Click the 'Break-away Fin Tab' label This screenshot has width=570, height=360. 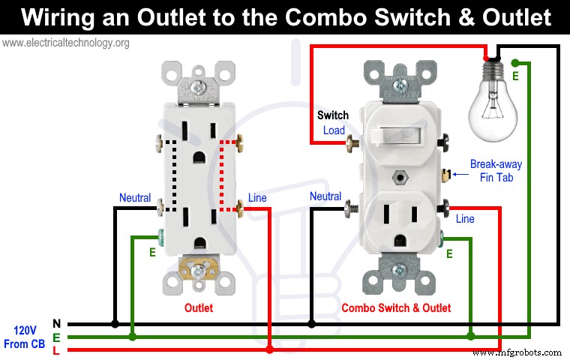point(495,170)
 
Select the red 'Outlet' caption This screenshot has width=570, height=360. point(199,307)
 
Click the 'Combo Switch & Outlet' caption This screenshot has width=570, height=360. point(396,307)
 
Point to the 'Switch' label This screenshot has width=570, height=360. point(332,115)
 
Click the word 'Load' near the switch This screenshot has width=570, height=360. point(334,130)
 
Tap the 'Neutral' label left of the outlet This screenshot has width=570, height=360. point(135,198)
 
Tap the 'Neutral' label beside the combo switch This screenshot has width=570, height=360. point(325,197)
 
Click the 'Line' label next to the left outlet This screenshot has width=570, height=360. point(257,198)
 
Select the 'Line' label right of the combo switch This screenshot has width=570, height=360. point(465,219)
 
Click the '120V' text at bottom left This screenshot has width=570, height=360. point(25,329)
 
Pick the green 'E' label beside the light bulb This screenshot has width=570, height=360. point(514,76)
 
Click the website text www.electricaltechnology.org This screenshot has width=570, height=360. point(66,43)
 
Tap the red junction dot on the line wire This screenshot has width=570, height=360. point(269,349)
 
